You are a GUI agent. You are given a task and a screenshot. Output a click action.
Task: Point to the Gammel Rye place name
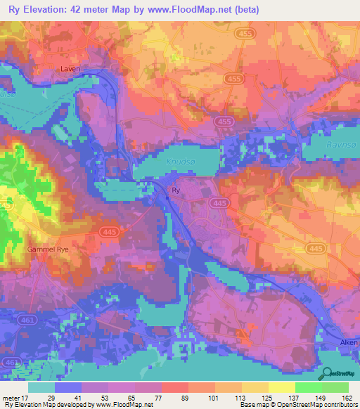click(x=46, y=249)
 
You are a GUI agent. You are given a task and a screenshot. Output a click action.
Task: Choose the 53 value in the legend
click(x=105, y=398)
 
